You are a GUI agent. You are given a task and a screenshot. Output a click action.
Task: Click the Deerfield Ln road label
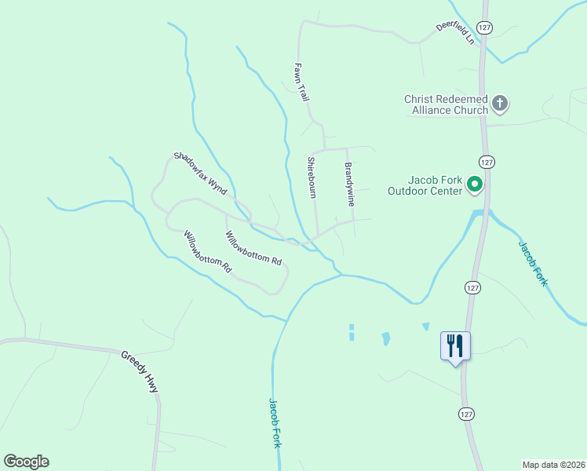coord(456,32)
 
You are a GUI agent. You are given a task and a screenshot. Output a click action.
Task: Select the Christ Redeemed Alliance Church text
coord(446,104)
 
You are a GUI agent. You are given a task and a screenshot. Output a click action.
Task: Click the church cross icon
coord(500,103)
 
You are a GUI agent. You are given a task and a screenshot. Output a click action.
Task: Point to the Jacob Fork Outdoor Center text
coord(425,184)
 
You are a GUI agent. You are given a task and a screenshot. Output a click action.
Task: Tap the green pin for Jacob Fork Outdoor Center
coord(475,184)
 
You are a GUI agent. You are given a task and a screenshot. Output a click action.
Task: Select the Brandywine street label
coord(349,184)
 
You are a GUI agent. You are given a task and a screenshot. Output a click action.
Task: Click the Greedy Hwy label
coord(139,371)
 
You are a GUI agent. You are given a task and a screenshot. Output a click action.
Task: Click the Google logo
coord(26,462)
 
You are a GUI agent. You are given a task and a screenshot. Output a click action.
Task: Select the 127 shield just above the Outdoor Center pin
coord(487,162)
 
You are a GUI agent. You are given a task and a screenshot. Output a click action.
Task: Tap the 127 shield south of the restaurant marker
coord(466,413)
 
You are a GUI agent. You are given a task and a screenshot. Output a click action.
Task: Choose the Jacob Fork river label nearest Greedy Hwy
coord(275,422)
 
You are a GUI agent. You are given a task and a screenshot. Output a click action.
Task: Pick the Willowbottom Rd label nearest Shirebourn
coord(253,247)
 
